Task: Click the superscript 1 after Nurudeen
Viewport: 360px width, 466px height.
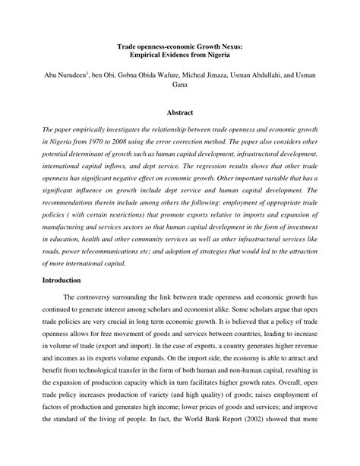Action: click(x=89, y=74)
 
